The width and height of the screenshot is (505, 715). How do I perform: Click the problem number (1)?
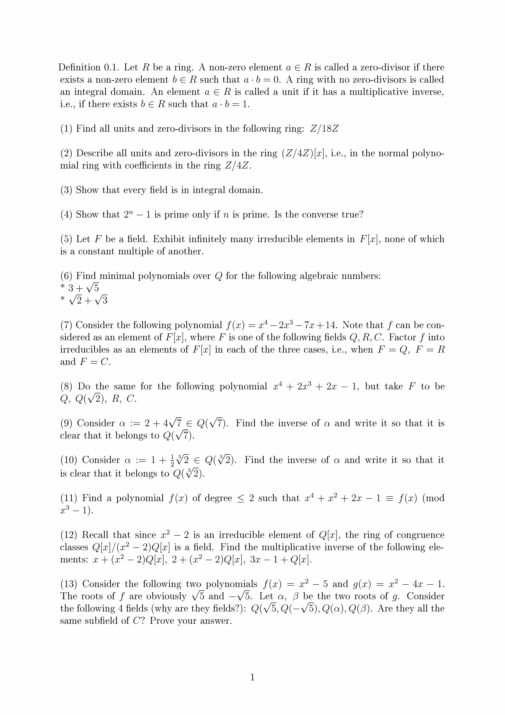(x=66, y=129)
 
